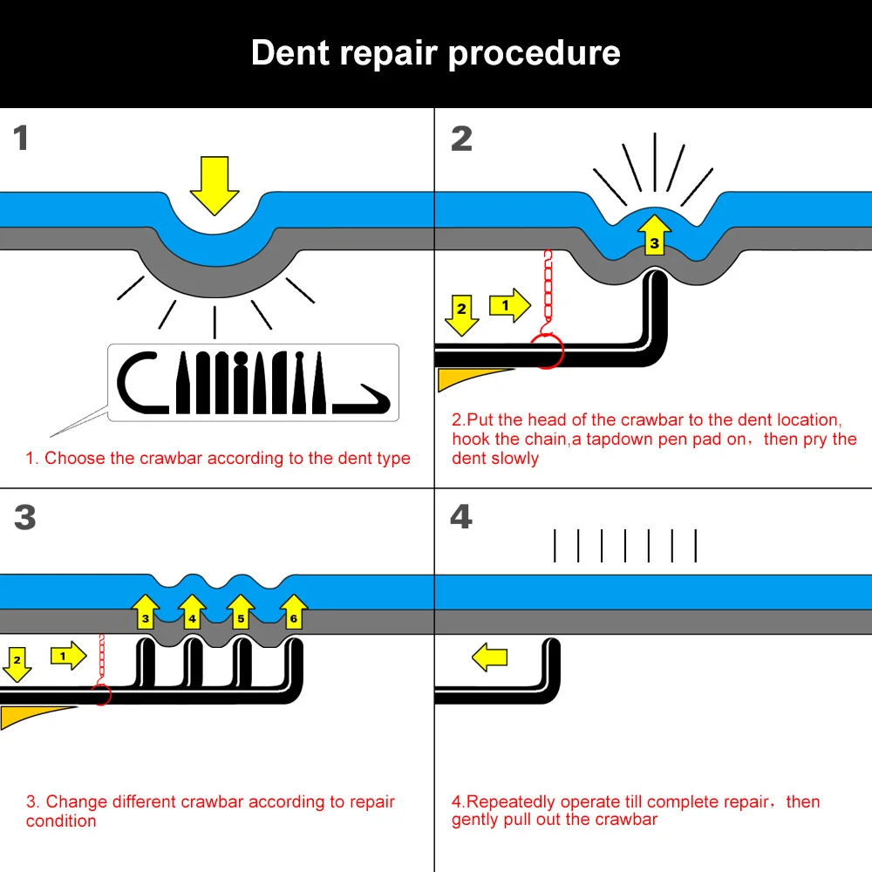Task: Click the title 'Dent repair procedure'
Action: (435, 53)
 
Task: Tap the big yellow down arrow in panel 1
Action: (215, 185)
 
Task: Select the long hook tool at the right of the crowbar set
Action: (362, 402)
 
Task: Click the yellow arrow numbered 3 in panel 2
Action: (655, 235)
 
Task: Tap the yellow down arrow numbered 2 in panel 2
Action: (461, 315)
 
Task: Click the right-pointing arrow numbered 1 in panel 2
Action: (510, 305)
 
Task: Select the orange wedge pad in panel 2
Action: (473, 378)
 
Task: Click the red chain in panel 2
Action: (548, 290)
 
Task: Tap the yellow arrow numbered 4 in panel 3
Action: (193, 611)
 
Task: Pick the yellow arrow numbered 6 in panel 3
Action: (294, 611)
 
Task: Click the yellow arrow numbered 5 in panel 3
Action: (241, 611)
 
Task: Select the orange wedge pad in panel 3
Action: (33, 716)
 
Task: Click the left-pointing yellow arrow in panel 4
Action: (489, 657)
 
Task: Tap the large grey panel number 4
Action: (461, 516)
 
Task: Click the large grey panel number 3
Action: (25, 517)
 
